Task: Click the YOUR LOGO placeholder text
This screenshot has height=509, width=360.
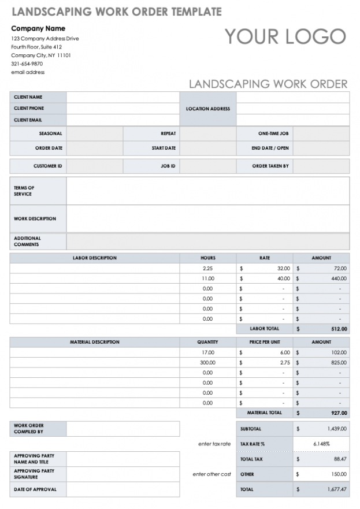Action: coord(285,36)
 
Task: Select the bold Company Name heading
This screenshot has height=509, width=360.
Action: coord(38,28)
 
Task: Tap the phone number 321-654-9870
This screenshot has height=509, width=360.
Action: coord(28,64)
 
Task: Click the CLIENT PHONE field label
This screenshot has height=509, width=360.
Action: coord(29,108)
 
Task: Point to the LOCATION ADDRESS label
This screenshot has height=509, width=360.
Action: coord(208,109)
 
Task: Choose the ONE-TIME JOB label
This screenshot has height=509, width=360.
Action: coord(273,133)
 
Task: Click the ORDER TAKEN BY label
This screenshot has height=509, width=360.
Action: coord(270,166)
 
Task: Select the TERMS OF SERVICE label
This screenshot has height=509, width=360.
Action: coord(24,191)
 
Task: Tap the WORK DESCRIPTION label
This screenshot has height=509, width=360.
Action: coord(35,219)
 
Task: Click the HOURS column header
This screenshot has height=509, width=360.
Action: coord(208,258)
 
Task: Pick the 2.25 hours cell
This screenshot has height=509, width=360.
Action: coord(208,268)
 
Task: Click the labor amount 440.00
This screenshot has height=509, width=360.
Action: coord(339,278)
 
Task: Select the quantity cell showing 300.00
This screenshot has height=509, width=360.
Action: coord(207,362)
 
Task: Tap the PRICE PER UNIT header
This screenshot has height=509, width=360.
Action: coord(265,342)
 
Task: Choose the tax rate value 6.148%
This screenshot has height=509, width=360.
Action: coord(321,444)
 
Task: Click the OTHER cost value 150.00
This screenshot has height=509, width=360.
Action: coord(339,474)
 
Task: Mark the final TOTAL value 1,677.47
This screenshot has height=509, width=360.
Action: coord(336,489)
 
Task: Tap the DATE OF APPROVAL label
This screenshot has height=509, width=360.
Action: coord(35,489)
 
